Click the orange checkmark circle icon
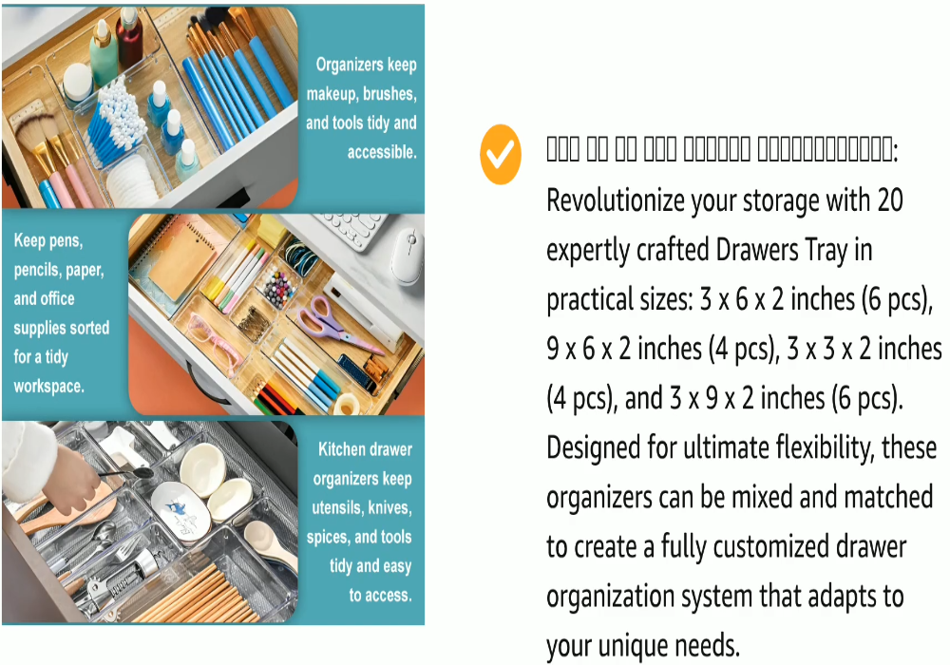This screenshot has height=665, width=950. tap(501, 152)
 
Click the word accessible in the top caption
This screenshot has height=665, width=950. tap(382, 152)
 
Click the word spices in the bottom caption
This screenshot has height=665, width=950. tap(329, 538)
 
